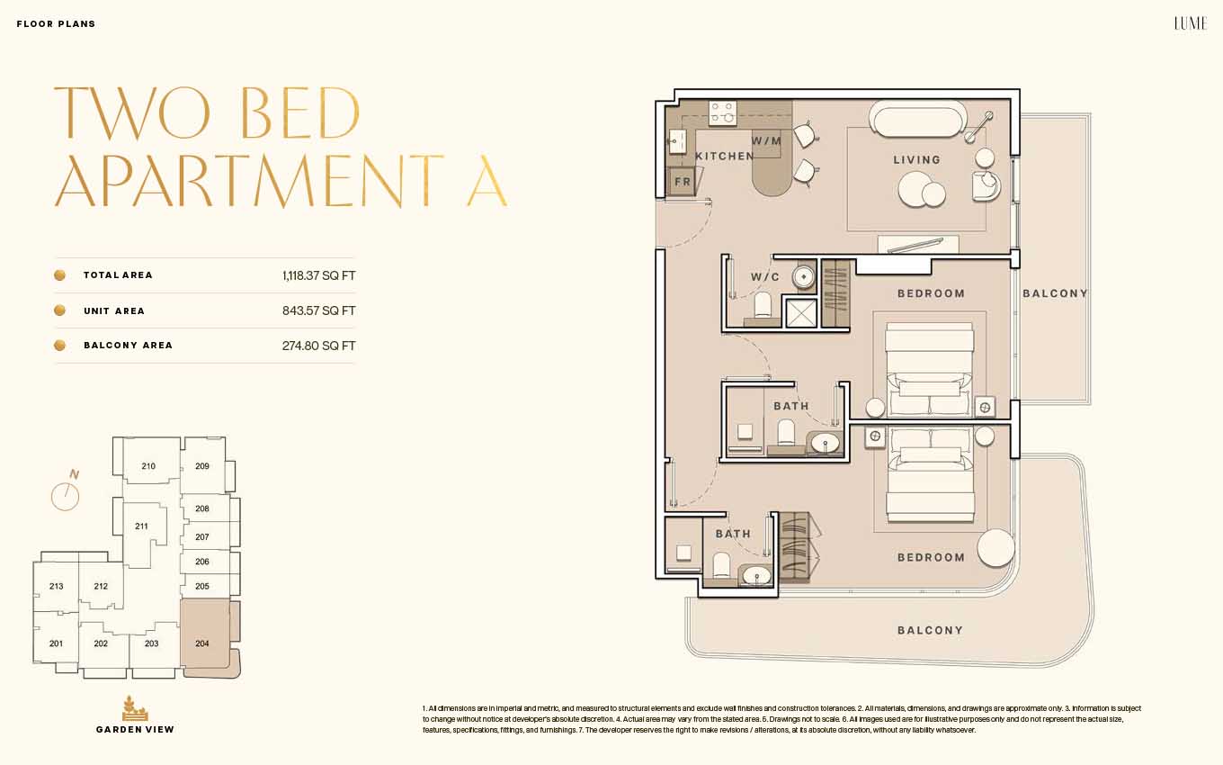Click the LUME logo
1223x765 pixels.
[x=1191, y=23]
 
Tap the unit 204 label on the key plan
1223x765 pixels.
[x=202, y=643]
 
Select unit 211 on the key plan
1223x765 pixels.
[x=141, y=526]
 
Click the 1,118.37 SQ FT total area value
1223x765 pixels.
[x=319, y=275]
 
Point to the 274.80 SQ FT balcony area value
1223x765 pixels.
[x=319, y=346]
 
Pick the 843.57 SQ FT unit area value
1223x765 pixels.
[x=319, y=310]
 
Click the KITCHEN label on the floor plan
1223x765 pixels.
[x=724, y=157]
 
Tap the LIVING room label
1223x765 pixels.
[x=917, y=159]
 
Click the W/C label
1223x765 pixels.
[x=765, y=277]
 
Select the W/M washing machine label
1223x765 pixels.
[x=766, y=141]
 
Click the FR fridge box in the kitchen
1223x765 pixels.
[x=682, y=182]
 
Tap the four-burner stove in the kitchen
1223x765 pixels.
[x=722, y=113]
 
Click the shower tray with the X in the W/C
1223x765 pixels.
[x=800, y=313]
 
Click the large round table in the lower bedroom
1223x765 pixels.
[x=995, y=547]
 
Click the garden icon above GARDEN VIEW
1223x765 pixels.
[x=134, y=708]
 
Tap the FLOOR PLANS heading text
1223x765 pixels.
[x=57, y=24]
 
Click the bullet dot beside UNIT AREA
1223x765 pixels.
[x=60, y=310]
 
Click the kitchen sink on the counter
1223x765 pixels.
[x=677, y=142]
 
